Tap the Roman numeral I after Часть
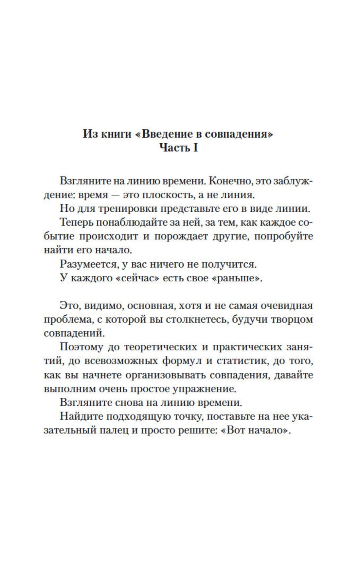click(195, 148)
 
